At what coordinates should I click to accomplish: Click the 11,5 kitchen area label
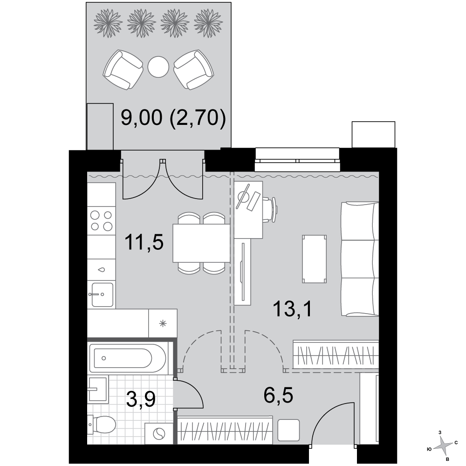tap(144, 242)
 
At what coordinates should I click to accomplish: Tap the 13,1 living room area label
tap(293, 309)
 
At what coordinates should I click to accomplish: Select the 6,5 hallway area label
tap(278, 395)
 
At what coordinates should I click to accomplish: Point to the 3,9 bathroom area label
tap(141, 399)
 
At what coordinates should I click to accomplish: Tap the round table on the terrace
tap(158, 67)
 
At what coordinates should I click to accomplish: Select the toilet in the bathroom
tap(102, 425)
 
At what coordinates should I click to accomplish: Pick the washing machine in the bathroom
tap(159, 433)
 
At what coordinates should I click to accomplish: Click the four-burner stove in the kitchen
tap(101, 220)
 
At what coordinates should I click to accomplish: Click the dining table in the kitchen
tap(201, 243)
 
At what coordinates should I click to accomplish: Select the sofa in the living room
tap(360, 259)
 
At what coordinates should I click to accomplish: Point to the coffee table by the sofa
tap(315, 259)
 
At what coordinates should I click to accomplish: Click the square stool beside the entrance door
tap(288, 430)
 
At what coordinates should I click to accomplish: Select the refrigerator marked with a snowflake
tap(163, 323)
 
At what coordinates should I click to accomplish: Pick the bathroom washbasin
tap(97, 389)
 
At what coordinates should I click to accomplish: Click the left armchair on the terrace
tap(123, 70)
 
